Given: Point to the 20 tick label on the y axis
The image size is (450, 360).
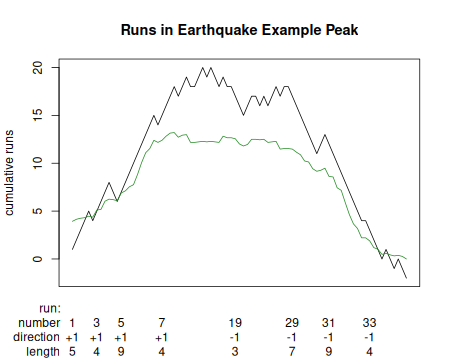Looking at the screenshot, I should (38, 67).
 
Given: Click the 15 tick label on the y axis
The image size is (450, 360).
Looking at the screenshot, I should (38, 115).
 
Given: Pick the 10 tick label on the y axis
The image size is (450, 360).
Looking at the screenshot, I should (38, 163).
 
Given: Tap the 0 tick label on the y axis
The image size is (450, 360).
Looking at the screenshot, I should (38, 259).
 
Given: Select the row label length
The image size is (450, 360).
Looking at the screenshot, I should (45, 351).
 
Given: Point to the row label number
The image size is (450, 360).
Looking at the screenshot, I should (41, 322).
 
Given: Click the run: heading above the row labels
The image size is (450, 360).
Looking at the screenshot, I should (50, 307).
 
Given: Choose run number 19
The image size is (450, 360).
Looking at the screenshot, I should (236, 322).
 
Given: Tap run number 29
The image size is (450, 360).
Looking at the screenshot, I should (292, 322).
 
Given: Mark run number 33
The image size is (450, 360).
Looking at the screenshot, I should (369, 322).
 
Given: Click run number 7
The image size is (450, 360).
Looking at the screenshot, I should (161, 322).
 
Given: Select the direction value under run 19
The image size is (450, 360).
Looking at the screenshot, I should (236, 337).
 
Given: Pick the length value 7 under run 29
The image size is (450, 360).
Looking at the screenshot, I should (292, 351).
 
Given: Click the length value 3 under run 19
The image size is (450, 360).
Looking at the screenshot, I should (236, 351).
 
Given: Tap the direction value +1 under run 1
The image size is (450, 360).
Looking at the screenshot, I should (72, 337).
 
